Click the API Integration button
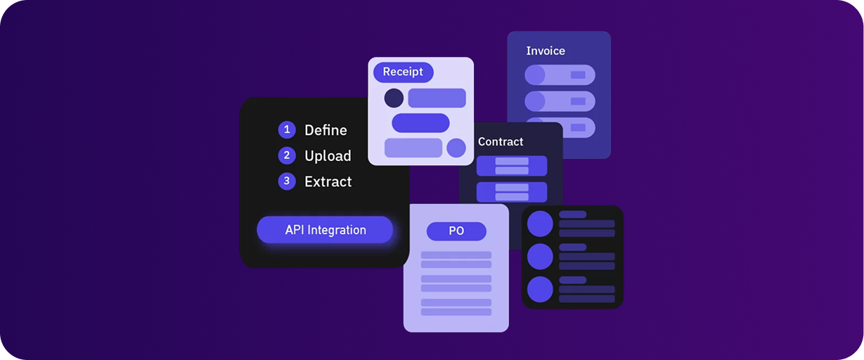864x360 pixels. [325, 230]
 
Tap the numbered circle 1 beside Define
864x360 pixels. [287, 130]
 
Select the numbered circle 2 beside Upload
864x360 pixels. [287, 155]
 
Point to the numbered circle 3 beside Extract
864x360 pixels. [287, 181]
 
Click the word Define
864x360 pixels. [325, 130]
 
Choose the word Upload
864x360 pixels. [328, 156]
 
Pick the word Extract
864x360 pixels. [328, 181]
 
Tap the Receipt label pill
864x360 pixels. [403, 72]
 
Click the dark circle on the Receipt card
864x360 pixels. [394, 98]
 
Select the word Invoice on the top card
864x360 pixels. [546, 51]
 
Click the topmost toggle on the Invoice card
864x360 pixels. [560, 75]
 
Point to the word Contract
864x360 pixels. [501, 141]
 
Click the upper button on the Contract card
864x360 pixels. [512, 166]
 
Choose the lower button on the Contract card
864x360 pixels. [512, 192]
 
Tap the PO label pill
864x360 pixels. [456, 231]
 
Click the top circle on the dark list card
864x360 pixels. [541, 224]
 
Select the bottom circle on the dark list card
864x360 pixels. [541, 289]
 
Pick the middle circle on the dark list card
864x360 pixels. [541, 257]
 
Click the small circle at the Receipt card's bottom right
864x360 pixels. [456, 148]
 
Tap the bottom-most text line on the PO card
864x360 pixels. [456, 311]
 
